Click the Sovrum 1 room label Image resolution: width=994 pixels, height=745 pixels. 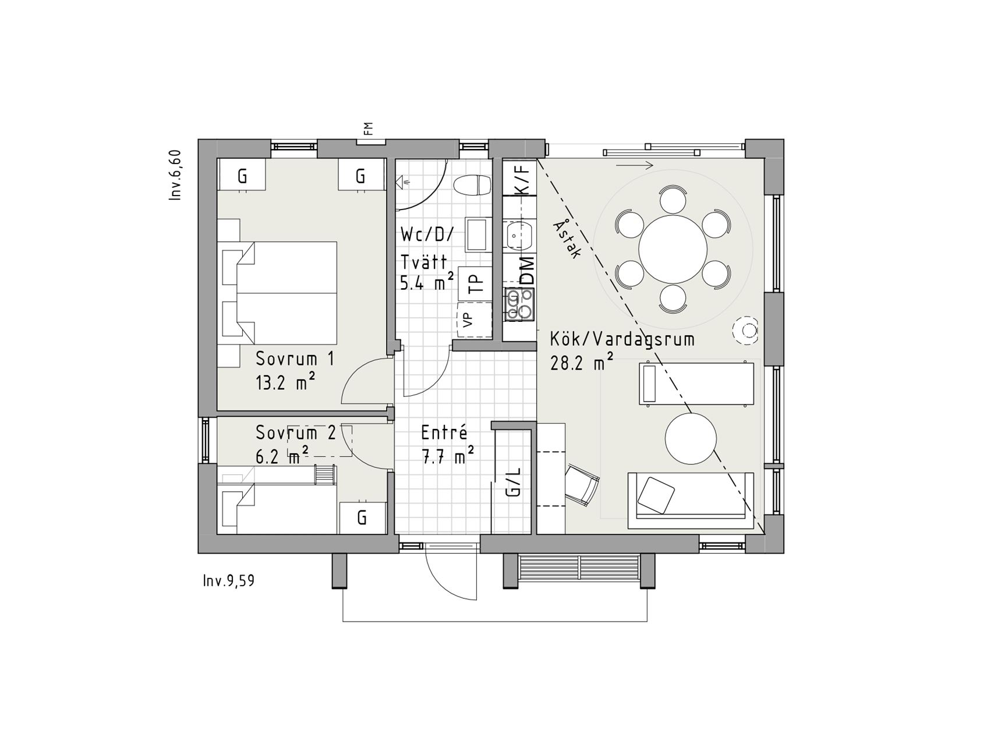(x=295, y=359)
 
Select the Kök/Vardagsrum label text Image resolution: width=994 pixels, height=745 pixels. (x=622, y=339)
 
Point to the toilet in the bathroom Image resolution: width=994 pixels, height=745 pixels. (x=473, y=186)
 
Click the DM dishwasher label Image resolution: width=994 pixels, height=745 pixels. (x=526, y=270)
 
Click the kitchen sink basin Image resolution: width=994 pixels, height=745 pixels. (x=519, y=236)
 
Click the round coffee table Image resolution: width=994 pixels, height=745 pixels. (x=691, y=438)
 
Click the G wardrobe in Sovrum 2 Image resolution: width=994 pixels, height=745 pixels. (x=362, y=517)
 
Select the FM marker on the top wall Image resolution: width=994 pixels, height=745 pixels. (x=368, y=129)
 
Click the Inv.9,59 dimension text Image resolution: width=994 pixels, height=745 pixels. (x=229, y=581)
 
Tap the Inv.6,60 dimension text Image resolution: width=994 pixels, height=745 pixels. (x=176, y=175)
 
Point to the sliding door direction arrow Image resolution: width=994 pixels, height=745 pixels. (x=635, y=165)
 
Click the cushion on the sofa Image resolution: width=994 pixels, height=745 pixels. (x=656, y=495)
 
